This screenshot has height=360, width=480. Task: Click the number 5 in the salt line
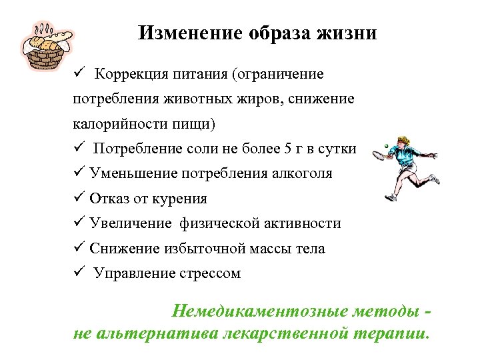289,149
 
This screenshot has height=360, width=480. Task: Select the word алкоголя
299,173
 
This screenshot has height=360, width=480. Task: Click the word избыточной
201,249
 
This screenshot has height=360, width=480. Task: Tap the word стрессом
209,273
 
